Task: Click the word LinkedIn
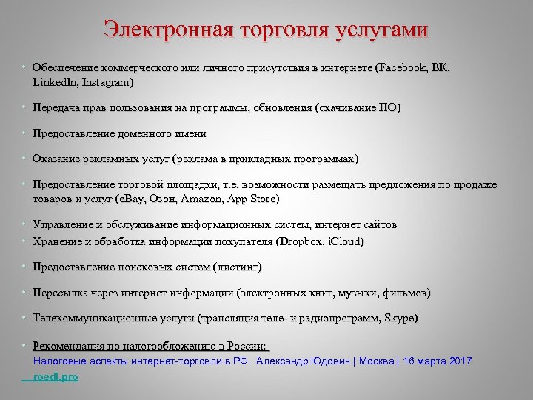pos(56,81)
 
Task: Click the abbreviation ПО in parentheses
pos(388,108)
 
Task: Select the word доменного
pos(141,134)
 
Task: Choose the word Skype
pos(400,319)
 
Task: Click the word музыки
pos(354,293)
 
